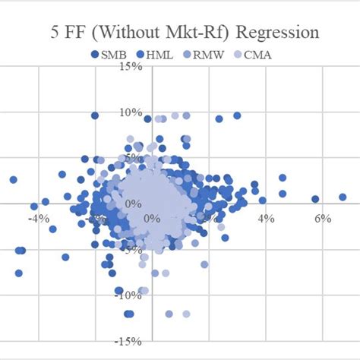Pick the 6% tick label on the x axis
click(x=321, y=219)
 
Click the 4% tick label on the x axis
click(x=265, y=219)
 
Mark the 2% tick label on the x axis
click(x=209, y=219)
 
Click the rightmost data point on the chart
click(x=343, y=197)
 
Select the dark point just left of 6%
click(x=315, y=199)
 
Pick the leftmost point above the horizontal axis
click(x=13, y=180)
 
